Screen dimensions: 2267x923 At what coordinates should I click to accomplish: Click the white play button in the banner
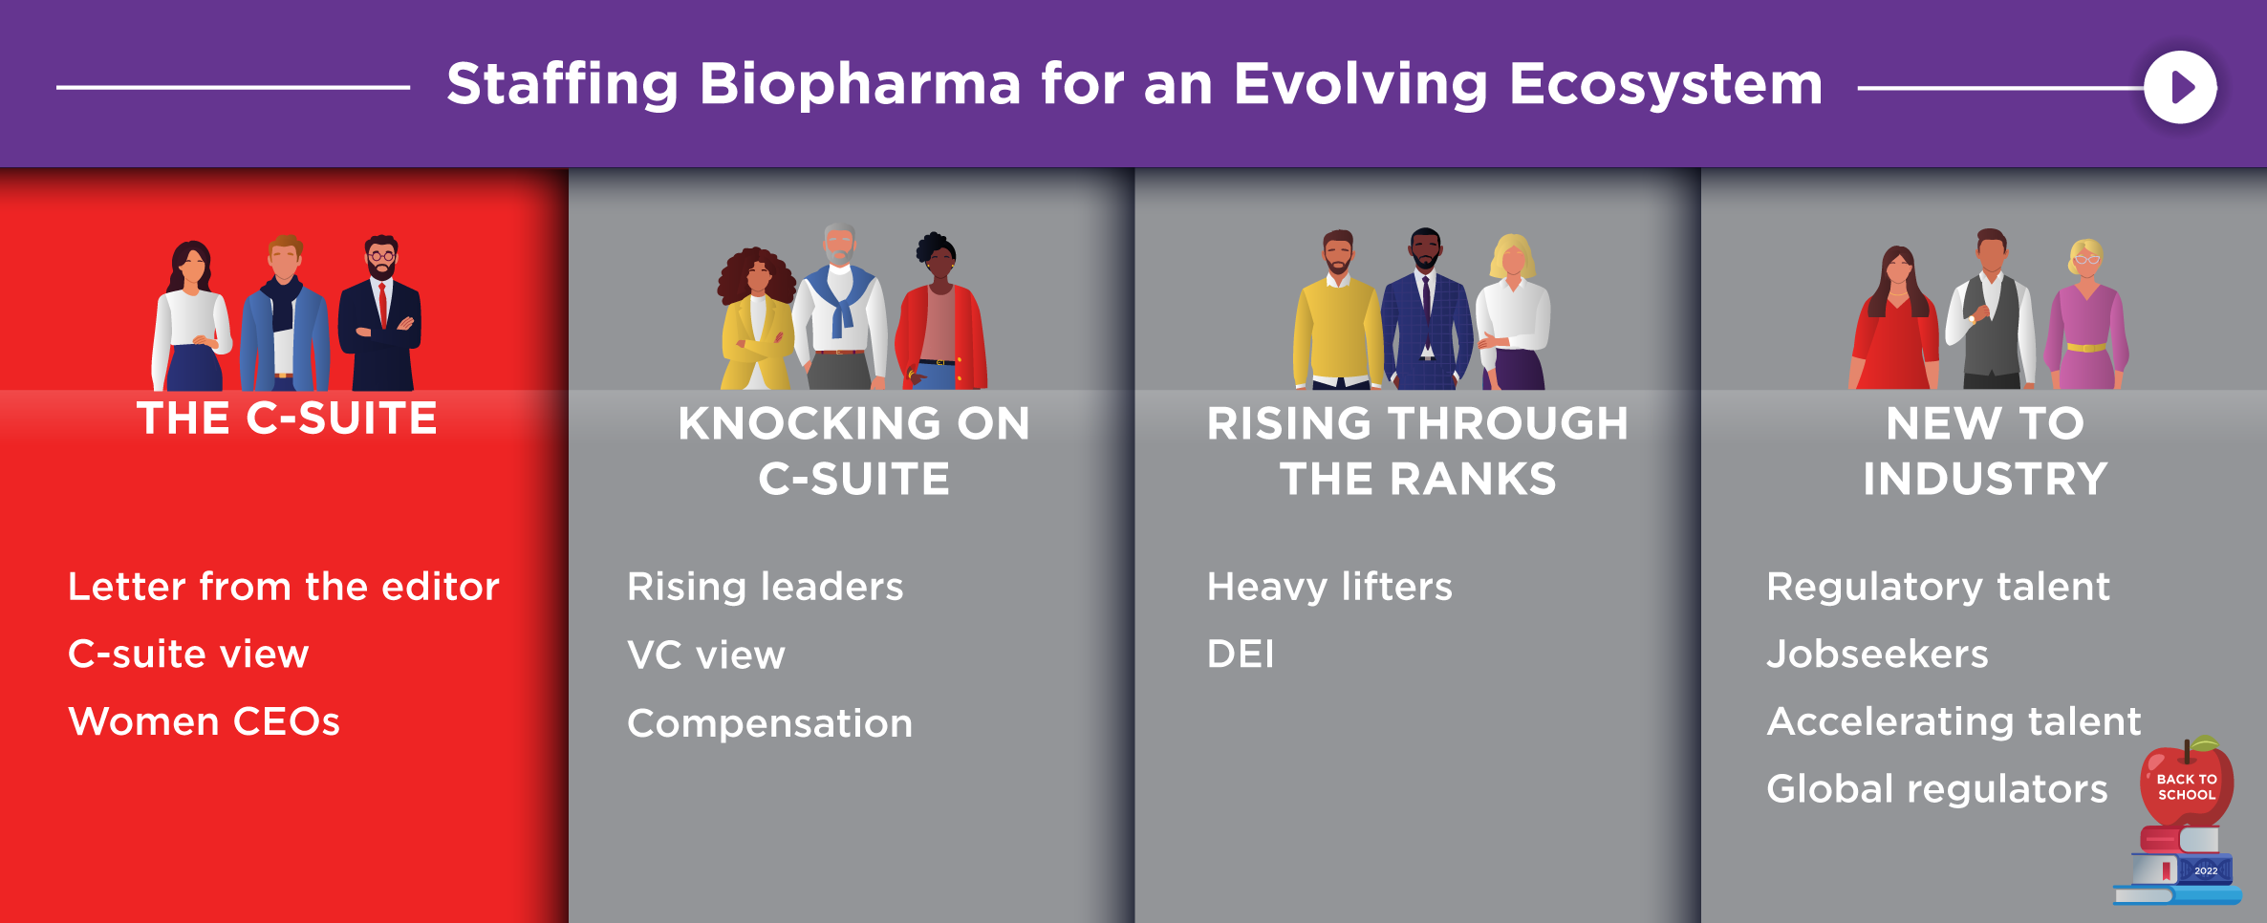pyautogui.click(x=2180, y=87)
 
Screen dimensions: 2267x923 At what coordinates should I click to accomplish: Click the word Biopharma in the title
pyautogui.click(x=860, y=85)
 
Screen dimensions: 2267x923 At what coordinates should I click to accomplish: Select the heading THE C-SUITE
pyautogui.click(x=287, y=419)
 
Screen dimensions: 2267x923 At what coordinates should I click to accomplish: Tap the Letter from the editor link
pyautogui.click(x=284, y=586)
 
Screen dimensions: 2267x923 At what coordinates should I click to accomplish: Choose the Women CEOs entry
pyautogui.click(x=205, y=721)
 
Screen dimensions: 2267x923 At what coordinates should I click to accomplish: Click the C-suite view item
pyautogui.click(x=188, y=654)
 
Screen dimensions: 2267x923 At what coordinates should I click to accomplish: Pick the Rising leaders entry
pyautogui.click(x=766, y=586)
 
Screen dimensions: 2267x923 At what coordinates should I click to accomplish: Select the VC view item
pyautogui.click(x=706, y=655)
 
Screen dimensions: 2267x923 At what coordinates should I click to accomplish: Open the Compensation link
pyautogui.click(x=770, y=723)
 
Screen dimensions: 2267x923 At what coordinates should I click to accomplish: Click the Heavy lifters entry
pyautogui.click(x=1329, y=586)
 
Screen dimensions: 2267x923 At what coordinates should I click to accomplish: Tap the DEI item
pyautogui.click(x=1241, y=654)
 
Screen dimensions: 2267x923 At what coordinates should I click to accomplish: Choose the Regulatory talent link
pyautogui.click(x=1938, y=586)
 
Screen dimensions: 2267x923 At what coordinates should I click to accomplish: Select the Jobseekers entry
pyautogui.click(x=1878, y=654)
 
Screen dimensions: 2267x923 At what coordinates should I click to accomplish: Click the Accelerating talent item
pyautogui.click(x=1954, y=721)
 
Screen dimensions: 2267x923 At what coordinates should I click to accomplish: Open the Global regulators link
pyautogui.click(x=1937, y=788)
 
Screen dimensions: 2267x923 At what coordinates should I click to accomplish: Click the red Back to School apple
pyautogui.click(x=2187, y=782)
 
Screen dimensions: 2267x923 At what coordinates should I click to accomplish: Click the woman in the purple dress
pyautogui.click(x=2087, y=314)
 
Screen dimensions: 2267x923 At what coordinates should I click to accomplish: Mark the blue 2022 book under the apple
pyautogui.click(x=2184, y=869)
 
